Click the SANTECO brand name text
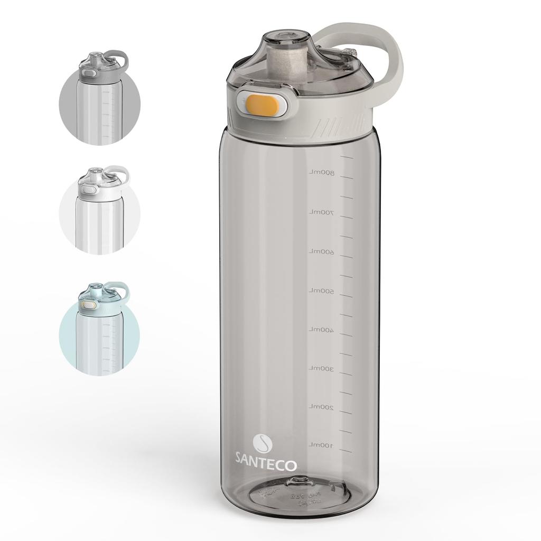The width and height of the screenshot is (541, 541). click(266, 464)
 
